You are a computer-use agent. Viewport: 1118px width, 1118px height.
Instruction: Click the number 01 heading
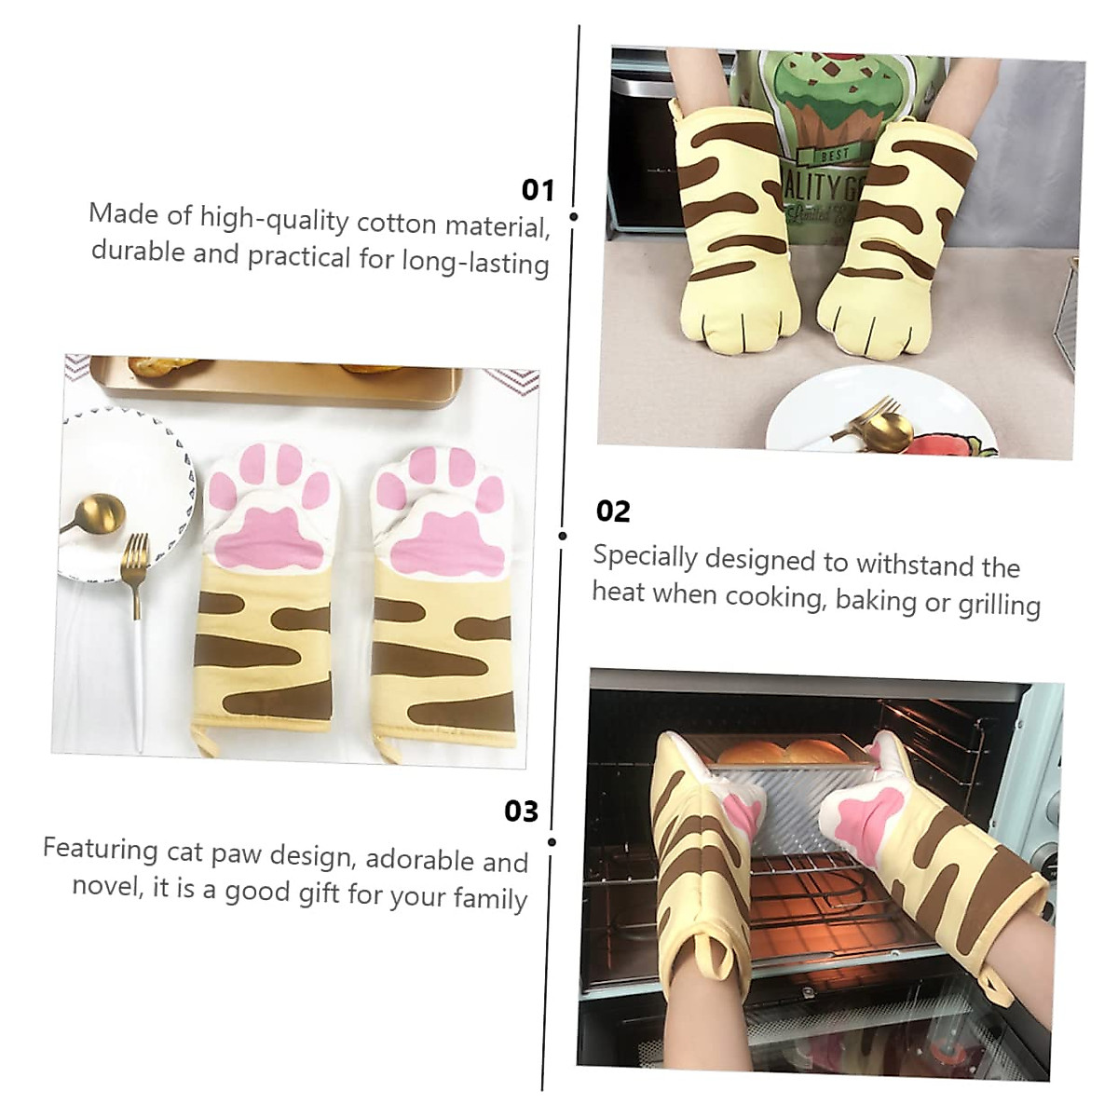click(538, 190)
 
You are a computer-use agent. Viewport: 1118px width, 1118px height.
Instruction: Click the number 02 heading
click(613, 511)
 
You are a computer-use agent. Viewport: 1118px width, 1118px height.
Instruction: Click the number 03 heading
click(522, 811)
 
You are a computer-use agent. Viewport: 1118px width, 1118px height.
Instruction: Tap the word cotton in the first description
click(396, 223)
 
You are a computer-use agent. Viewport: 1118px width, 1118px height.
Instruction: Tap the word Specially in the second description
click(645, 557)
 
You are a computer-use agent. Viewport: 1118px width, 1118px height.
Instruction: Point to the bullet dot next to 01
click(573, 216)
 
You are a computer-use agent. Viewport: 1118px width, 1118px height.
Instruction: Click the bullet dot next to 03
click(552, 841)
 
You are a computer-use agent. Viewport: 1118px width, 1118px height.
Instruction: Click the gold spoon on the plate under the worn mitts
click(885, 429)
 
